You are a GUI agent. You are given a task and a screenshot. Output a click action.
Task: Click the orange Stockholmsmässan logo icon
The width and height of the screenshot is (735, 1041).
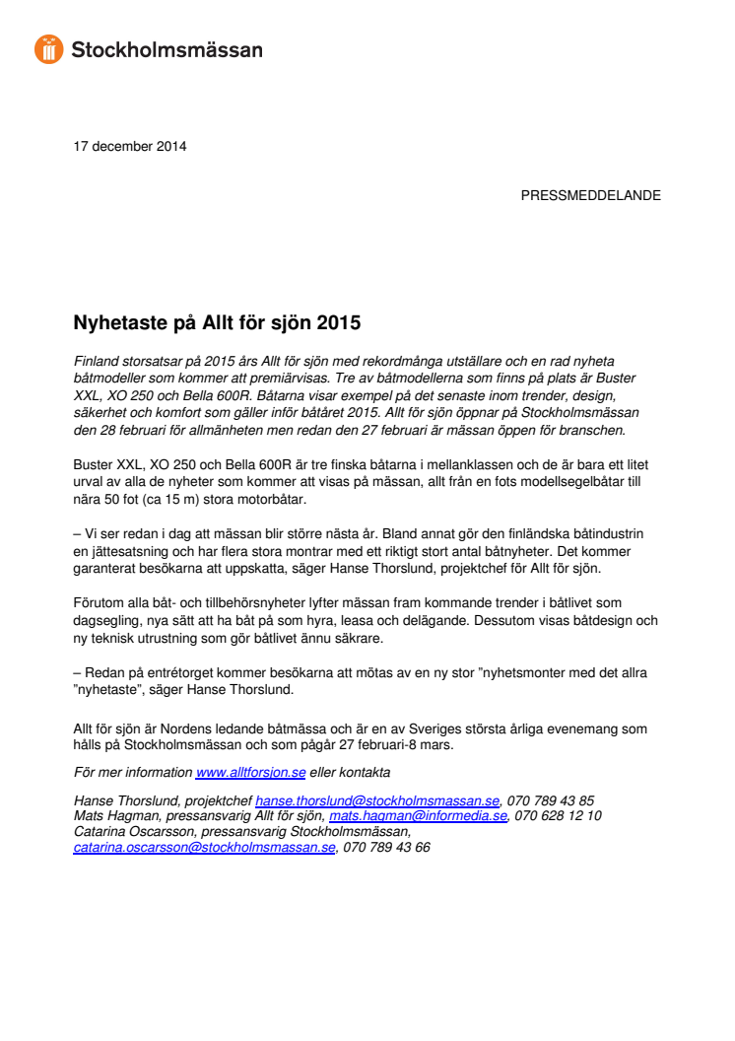click(49, 48)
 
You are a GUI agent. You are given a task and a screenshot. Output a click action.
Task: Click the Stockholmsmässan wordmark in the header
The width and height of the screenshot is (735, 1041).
click(167, 48)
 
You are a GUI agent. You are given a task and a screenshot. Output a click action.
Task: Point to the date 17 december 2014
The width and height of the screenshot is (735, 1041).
click(130, 147)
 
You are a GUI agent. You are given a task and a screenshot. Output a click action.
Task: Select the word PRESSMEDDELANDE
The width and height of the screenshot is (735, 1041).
click(590, 195)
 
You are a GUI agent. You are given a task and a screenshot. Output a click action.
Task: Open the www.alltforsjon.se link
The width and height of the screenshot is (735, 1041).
click(251, 772)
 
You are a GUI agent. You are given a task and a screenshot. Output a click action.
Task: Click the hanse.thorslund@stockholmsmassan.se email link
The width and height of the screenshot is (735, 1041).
click(377, 801)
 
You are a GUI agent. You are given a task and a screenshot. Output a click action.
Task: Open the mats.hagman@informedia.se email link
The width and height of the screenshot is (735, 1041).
click(418, 816)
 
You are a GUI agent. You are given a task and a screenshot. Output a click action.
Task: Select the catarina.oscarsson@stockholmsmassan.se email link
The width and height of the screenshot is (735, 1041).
click(205, 847)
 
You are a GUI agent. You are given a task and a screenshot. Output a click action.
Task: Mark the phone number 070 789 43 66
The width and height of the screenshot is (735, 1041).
click(386, 847)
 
